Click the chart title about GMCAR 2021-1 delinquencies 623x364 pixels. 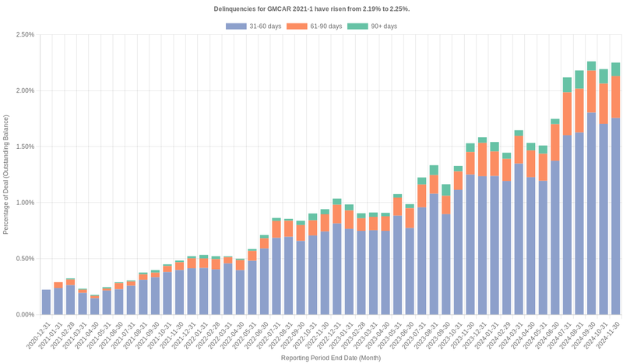[311, 9]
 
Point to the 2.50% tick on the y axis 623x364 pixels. [23, 35]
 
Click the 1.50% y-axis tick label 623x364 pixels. [23, 147]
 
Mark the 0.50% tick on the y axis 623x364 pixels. [23, 259]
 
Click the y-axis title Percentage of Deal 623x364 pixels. [6, 175]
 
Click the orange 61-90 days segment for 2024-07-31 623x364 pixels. [567, 114]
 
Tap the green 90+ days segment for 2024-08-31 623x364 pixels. [579, 80]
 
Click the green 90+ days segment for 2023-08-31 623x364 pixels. [434, 170]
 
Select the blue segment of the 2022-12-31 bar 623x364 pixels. [336, 269]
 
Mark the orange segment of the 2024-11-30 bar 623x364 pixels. [615, 97]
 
